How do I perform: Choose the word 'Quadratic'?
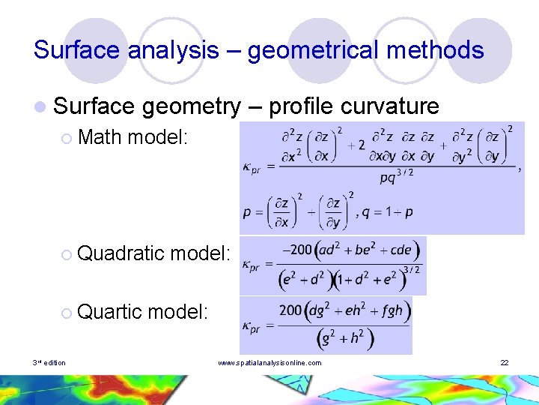click(x=121, y=253)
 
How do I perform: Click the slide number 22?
click(x=505, y=363)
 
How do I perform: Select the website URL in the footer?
click(x=269, y=363)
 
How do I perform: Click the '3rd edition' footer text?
click(x=49, y=363)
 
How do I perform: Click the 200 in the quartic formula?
click(x=291, y=310)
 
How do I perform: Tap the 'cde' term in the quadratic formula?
click(x=397, y=249)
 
